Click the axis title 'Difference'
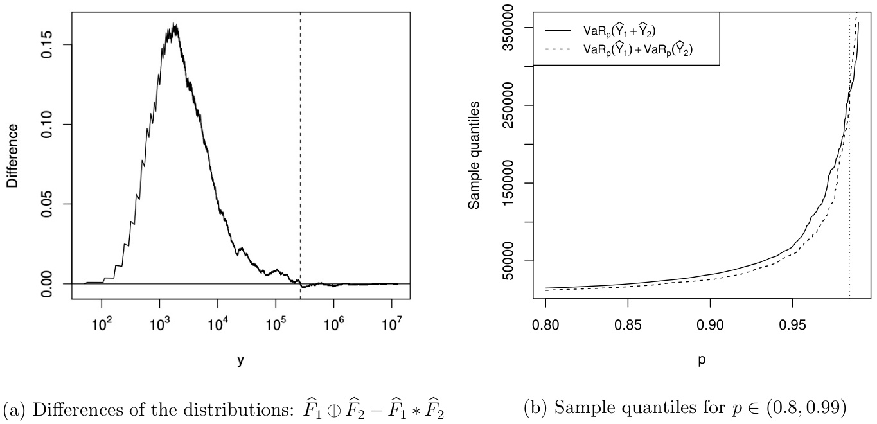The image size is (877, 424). click(13, 155)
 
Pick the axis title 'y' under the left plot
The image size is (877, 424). click(240, 361)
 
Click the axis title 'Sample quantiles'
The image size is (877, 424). click(474, 155)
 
